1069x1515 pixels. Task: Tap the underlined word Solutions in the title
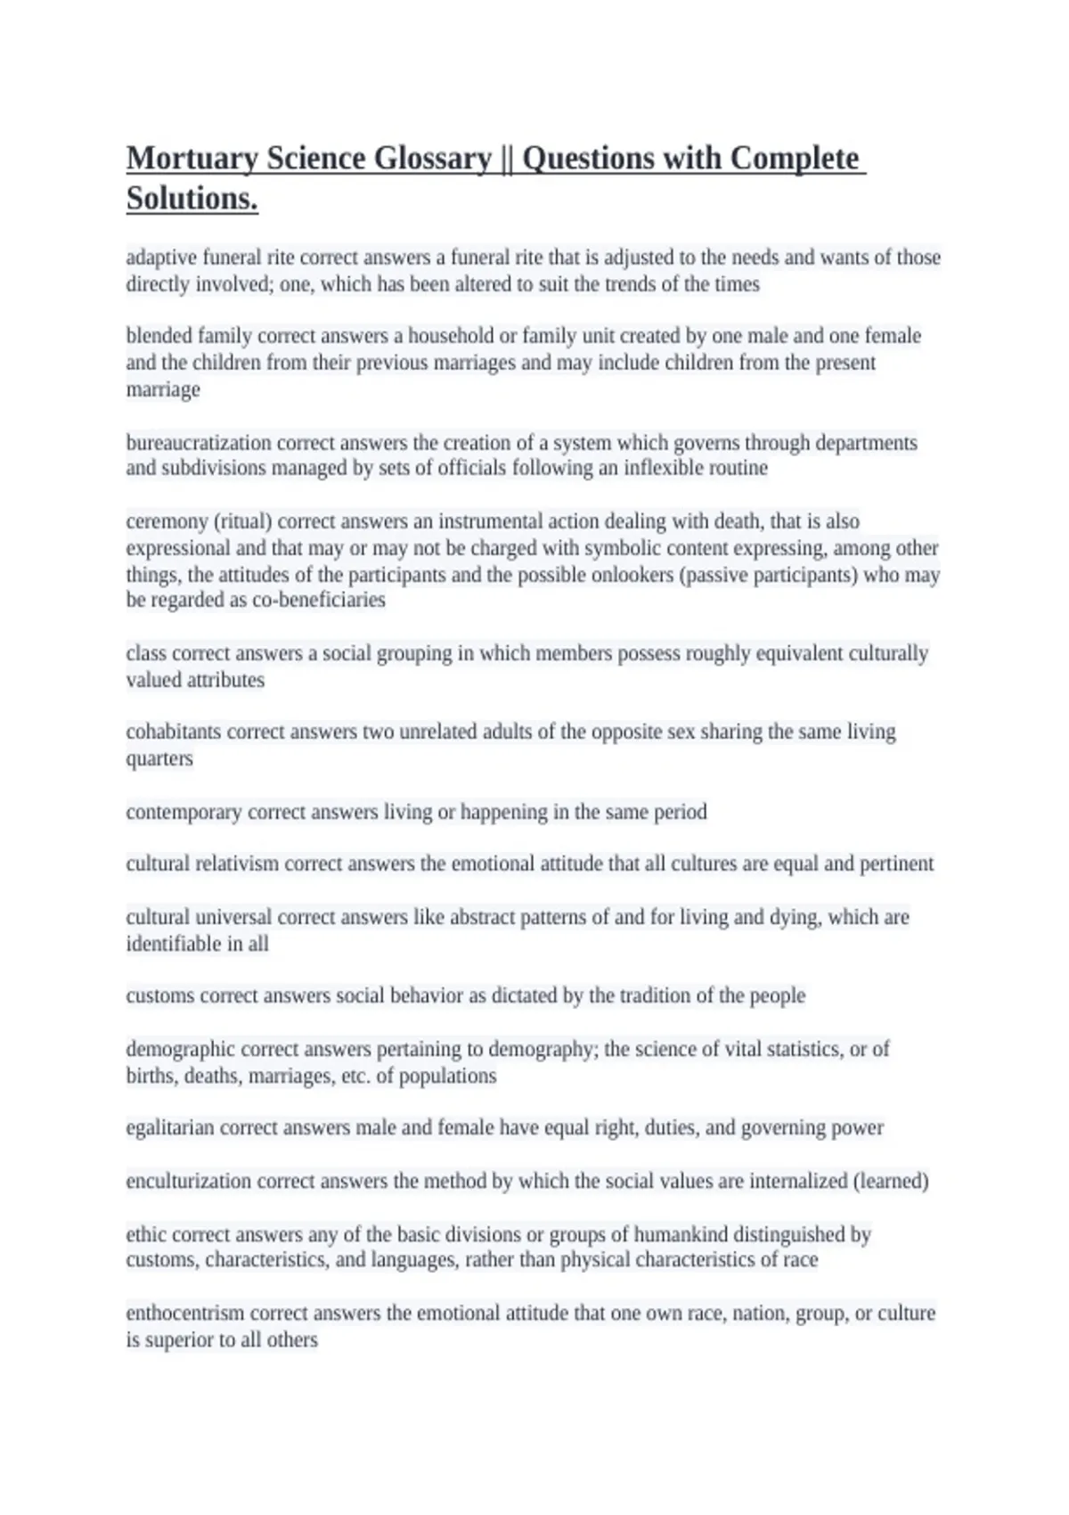tap(192, 199)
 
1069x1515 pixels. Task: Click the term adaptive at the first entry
tap(161, 258)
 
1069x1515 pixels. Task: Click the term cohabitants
tap(174, 732)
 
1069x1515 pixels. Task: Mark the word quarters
tap(159, 758)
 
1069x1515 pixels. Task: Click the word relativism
tap(237, 864)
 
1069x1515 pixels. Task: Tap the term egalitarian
tap(170, 1127)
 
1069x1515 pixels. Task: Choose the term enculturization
tap(188, 1181)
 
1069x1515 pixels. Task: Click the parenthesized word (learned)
tap(890, 1181)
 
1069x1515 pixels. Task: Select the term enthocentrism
tap(184, 1313)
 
